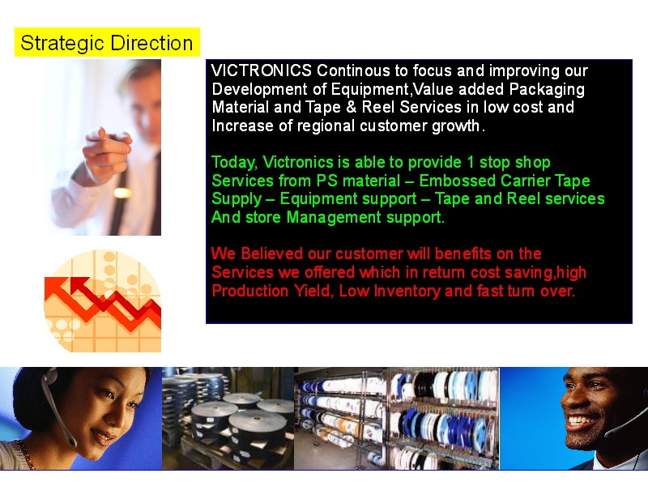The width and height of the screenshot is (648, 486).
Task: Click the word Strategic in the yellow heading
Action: (62, 44)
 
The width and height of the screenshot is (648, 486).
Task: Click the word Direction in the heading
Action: (151, 43)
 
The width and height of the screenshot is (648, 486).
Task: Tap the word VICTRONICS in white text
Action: (261, 70)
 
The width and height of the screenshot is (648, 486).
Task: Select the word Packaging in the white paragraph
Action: (547, 90)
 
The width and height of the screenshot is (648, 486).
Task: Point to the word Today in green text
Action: (234, 163)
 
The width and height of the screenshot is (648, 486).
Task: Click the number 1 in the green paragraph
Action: (471, 162)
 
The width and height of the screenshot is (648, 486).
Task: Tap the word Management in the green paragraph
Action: (334, 217)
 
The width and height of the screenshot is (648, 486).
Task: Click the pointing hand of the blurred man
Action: (107, 150)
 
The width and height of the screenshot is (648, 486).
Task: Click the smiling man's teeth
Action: (583, 420)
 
